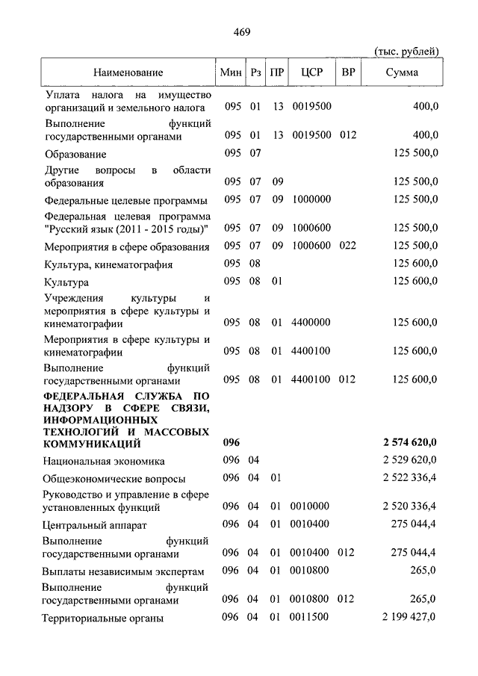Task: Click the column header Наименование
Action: tap(128, 72)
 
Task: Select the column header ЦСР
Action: tap(311, 72)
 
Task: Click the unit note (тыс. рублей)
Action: tap(406, 51)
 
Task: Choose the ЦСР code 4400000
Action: tap(311, 323)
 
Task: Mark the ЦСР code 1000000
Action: tap(311, 199)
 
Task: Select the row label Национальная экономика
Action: tap(104, 461)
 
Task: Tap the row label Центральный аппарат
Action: tap(95, 525)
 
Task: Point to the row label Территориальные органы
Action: tap(103, 618)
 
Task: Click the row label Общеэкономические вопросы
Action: tap(114, 479)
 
